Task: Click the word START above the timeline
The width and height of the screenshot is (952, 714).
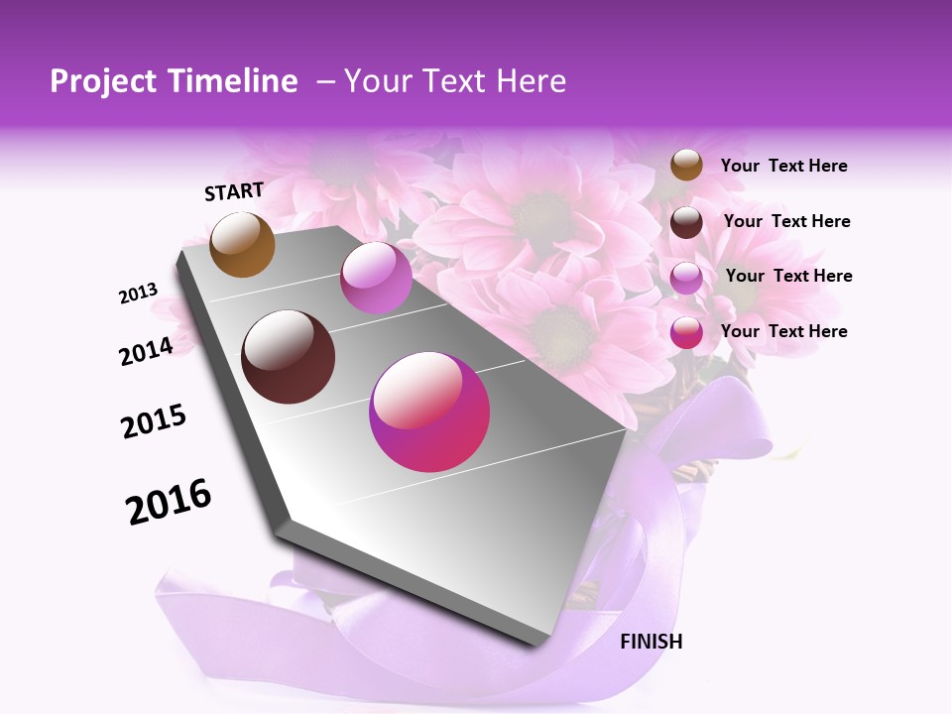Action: pyautogui.click(x=234, y=191)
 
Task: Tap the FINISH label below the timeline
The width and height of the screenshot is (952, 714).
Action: pyautogui.click(x=652, y=642)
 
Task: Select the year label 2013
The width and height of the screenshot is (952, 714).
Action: pyautogui.click(x=138, y=294)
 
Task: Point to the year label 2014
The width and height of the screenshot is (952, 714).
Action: pyautogui.click(x=146, y=351)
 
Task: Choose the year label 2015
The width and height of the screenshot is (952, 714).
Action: pyautogui.click(x=154, y=421)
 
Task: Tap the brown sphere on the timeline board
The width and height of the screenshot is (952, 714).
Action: pyautogui.click(x=243, y=244)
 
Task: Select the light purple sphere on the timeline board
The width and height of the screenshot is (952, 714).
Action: pyautogui.click(x=376, y=278)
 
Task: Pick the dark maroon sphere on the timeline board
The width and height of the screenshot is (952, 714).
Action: pyautogui.click(x=289, y=357)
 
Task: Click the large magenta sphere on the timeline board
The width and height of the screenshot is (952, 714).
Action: pyautogui.click(x=429, y=412)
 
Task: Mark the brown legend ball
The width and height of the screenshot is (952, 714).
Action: pyautogui.click(x=686, y=165)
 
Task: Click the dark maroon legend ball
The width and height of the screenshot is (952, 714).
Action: pyautogui.click(x=686, y=222)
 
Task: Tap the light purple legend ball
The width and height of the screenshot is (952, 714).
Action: pyautogui.click(x=686, y=278)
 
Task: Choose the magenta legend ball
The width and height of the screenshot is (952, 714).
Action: pyautogui.click(x=686, y=332)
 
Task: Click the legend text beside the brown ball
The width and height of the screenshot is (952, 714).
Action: pyautogui.click(x=784, y=166)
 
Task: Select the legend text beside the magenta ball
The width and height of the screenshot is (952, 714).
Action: pyautogui.click(x=784, y=331)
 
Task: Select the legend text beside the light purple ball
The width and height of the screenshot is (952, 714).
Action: pyautogui.click(x=789, y=276)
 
